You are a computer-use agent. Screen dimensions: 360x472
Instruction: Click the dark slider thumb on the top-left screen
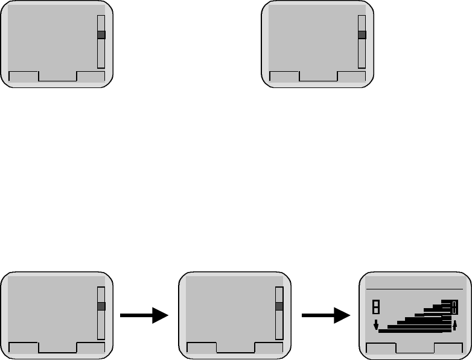click(101, 36)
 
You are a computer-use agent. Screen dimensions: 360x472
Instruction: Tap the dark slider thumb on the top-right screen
click(362, 36)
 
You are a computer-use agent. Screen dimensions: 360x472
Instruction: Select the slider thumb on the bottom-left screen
click(101, 306)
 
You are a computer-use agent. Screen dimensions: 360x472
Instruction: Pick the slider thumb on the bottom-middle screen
click(279, 306)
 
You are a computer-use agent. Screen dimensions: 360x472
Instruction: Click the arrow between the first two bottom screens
click(144, 315)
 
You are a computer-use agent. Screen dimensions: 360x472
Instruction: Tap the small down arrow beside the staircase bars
click(375, 326)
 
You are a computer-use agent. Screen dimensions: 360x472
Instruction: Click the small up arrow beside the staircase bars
click(454, 326)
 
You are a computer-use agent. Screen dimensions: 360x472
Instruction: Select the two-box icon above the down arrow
click(375, 306)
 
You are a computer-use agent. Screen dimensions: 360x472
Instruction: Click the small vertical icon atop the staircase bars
click(454, 308)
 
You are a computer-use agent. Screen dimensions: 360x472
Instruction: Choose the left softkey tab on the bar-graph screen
click(381, 349)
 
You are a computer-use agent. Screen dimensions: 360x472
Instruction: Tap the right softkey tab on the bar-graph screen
click(450, 349)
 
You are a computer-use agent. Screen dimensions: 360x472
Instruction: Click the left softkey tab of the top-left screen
click(24, 76)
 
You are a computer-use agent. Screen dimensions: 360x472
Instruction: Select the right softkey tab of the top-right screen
click(351, 76)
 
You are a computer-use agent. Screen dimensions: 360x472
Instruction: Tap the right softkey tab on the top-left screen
click(91, 76)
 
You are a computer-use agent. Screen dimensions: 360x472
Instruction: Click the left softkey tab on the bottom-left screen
click(24, 347)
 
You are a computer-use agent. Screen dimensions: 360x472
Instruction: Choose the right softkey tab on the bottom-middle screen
click(269, 347)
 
